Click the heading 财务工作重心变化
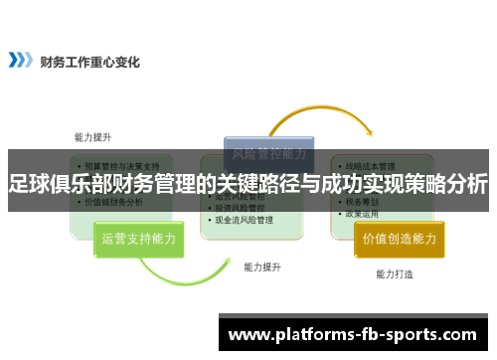pyautogui.click(x=90, y=61)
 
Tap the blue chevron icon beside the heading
pyautogui.click(x=20, y=61)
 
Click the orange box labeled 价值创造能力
pyautogui.click(x=400, y=239)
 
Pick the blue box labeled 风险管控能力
pyautogui.click(x=268, y=153)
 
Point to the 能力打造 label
pyautogui.click(x=395, y=273)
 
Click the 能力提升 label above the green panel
pyautogui.click(x=93, y=137)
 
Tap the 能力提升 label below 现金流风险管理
pyautogui.click(x=262, y=267)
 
